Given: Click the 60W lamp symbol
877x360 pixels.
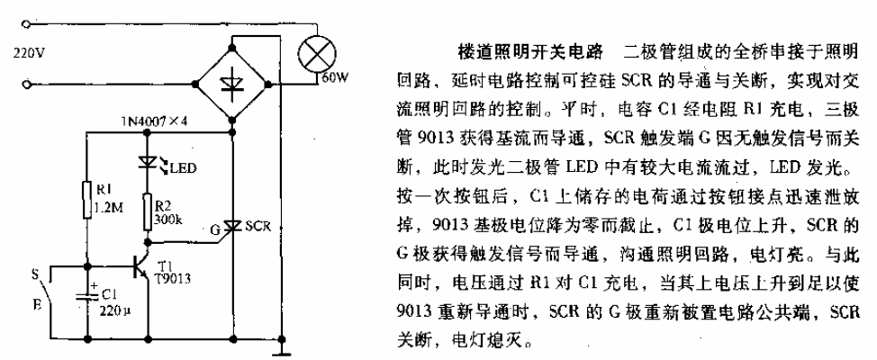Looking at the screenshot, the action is tap(317, 56).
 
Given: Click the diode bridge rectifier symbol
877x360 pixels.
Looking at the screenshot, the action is tap(233, 84).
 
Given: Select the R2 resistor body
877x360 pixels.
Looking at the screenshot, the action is tap(147, 211).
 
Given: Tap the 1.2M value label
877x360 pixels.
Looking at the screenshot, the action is tap(104, 209).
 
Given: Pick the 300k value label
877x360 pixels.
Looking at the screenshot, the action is tap(166, 221).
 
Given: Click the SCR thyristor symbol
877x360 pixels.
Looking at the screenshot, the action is tap(232, 227).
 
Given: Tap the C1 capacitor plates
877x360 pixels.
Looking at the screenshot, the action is tap(88, 294).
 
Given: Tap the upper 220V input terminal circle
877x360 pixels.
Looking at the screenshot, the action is tap(25, 24).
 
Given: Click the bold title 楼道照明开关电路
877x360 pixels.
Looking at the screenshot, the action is tap(530, 53).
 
